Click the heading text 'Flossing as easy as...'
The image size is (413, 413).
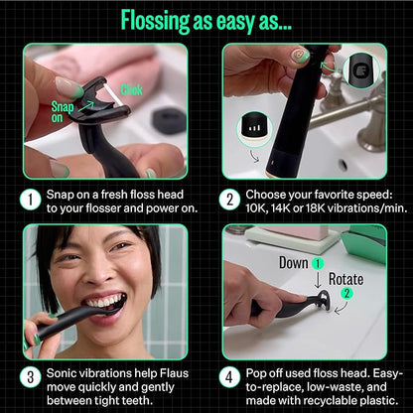click(206, 19)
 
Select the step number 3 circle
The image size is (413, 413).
click(36, 379)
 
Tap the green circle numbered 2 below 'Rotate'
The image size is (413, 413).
click(343, 296)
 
